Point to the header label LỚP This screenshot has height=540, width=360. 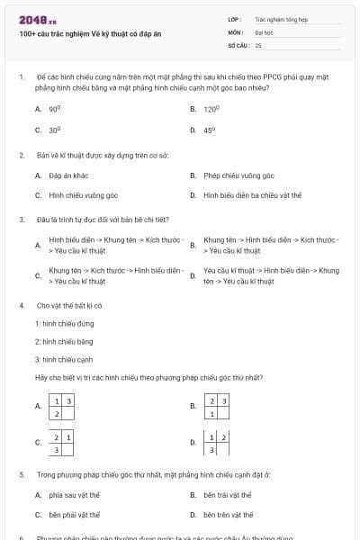tap(235, 18)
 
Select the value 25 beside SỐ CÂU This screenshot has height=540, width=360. tap(258, 44)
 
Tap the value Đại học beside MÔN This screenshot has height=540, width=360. tap(263, 31)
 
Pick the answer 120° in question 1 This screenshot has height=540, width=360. tap(211, 108)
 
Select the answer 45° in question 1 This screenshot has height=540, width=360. tap(210, 130)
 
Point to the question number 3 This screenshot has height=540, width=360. tap(21, 219)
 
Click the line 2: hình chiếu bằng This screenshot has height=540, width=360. tap(64, 342)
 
